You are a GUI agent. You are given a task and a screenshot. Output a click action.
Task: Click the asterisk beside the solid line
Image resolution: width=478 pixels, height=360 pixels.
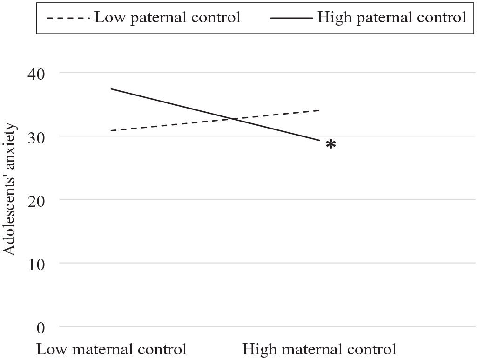pos(331,144)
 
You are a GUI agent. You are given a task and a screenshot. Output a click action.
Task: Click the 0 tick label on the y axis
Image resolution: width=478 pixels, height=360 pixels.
pos(40,328)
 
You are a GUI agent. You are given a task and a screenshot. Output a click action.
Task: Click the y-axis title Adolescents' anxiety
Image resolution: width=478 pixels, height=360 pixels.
pos(9,189)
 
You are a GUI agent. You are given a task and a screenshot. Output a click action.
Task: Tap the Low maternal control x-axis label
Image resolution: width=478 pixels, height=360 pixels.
pos(112,349)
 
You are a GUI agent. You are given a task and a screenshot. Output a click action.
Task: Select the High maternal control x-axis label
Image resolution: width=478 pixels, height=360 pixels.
pos(319,349)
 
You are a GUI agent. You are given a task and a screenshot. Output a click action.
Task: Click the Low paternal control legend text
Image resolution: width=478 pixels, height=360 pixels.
pos(168,17)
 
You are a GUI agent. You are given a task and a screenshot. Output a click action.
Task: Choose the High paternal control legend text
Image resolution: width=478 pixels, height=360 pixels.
pos(392,17)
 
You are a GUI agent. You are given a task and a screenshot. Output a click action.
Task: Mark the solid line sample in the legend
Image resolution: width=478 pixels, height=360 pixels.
pos(292,18)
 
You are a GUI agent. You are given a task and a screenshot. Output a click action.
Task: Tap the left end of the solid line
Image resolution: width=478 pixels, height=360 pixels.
pos(111,89)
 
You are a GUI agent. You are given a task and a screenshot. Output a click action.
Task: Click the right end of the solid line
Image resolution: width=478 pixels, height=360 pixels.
pos(320,140)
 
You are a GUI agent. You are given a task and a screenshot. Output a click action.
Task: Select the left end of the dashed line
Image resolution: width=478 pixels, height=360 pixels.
pos(111,130)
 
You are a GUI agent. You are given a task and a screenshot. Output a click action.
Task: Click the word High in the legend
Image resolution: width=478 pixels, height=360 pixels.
pos(335,17)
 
